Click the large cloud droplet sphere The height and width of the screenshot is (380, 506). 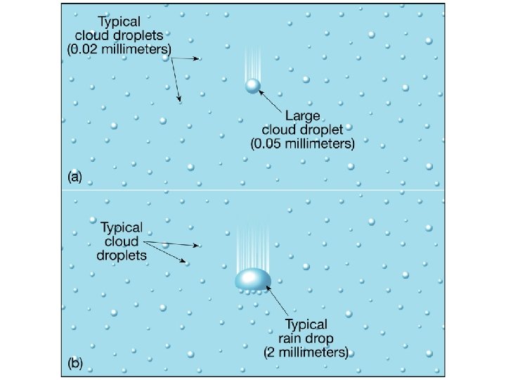(x=252, y=86)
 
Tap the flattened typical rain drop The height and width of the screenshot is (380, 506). (x=253, y=279)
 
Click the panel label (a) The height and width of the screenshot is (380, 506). (x=74, y=178)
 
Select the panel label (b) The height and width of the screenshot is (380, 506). (x=74, y=364)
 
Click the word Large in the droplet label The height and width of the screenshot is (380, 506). (x=302, y=115)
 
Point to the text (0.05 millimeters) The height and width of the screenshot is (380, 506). (x=303, y=144)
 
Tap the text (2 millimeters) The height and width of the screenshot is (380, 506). (x=306, y=353)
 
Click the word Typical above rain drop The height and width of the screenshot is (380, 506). (x=306, y=324)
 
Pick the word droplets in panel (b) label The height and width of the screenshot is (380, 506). (x=122, y=255)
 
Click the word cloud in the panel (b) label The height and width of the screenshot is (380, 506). (x=122, y=241)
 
